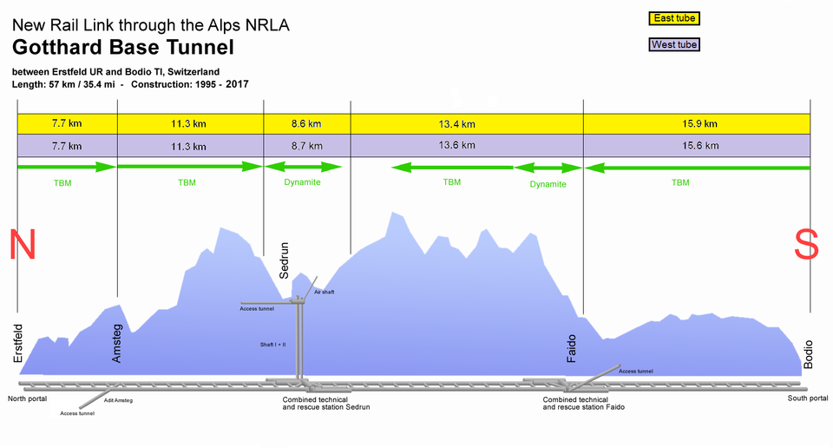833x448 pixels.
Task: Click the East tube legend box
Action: pos(673,18)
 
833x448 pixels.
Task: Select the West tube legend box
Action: pos(673,44)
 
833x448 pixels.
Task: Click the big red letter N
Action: pos(23,245)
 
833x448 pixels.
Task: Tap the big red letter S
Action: pos(806,245)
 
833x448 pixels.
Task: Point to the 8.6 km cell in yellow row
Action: pos(306,123)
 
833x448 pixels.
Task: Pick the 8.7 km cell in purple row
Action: pos(306,146)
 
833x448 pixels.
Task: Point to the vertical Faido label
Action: pos(571,349)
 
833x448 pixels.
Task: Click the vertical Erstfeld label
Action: pos(19,343)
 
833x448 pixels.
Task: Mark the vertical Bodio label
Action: pos(809,353)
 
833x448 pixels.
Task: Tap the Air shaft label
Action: pos(325,292)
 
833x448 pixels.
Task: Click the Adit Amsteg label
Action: pos(118,400)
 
